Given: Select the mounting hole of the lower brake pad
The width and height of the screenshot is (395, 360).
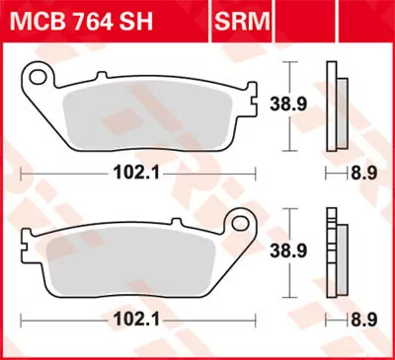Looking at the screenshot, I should tap(239, 222).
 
